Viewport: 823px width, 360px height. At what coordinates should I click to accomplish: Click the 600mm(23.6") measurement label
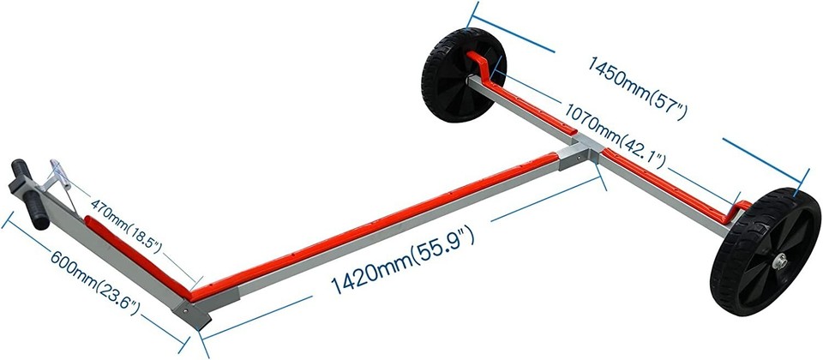(93, 283)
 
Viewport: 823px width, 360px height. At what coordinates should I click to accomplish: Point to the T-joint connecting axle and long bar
(578, 153)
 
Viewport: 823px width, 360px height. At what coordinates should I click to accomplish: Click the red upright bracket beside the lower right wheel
(739, 211)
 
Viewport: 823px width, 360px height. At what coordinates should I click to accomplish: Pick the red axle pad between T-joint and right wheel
(669, 180)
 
